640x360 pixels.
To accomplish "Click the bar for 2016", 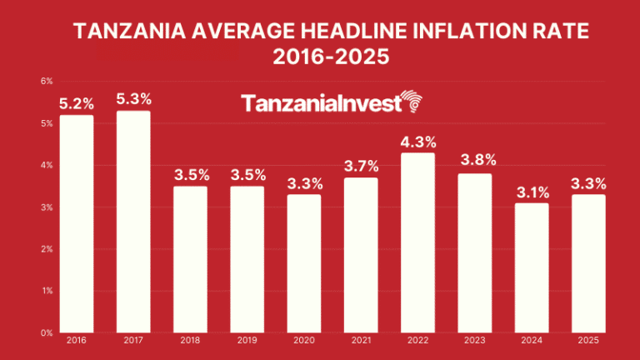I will click(x=76, y=223).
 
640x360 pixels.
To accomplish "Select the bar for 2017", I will click(x=133, y=222).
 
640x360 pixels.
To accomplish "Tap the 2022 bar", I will click(x=417, y=242).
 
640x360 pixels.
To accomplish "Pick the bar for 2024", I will click(x=531, y=267).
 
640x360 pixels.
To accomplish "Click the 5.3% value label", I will click(x=133, y=99).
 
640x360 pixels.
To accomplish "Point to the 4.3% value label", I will click(x=417, y=142).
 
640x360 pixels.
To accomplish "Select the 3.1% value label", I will click(x=531, y=192).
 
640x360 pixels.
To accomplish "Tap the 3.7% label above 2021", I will click(x=361, y=167).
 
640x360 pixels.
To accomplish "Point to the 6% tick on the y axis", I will click(x=47, y=82).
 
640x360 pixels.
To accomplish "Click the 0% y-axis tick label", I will click(x=47, y=332).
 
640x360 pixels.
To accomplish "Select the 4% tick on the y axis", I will click(x=47, y=165).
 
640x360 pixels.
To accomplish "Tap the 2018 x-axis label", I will click(x=190, y=342).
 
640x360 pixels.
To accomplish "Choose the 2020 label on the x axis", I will click(x=303, y=342).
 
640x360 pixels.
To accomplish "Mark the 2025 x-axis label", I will click(x=587, y=342).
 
